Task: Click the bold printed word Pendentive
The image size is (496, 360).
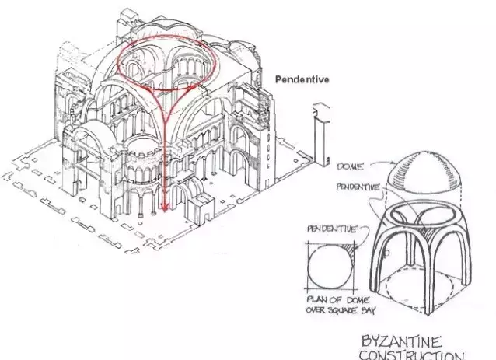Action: [302, 79]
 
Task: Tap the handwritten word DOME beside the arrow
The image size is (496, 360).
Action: [351, 166]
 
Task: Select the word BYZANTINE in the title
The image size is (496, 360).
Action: [401, 342]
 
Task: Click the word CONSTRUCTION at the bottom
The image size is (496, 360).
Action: [412, 355]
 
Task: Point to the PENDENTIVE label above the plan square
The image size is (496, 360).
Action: [332, 229]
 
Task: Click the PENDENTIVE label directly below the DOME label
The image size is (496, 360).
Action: [358, 187]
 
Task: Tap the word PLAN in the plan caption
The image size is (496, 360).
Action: [318, 299]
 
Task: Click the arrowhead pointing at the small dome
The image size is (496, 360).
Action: [394, 164]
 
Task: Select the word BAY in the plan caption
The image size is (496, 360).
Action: [369, 310]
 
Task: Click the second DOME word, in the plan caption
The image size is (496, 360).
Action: [358, 299]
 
